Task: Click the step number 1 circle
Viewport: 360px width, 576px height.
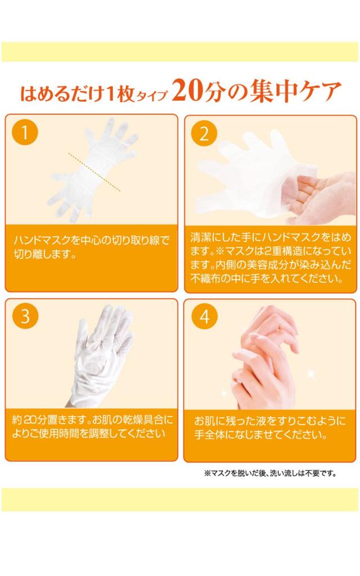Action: [x=25, y=132]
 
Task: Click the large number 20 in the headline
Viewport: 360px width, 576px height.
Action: [x=189, y=91]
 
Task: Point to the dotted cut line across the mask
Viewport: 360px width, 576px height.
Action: [x=94, y=172]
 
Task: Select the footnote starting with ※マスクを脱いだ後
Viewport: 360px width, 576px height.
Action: [x=270, y=473]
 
